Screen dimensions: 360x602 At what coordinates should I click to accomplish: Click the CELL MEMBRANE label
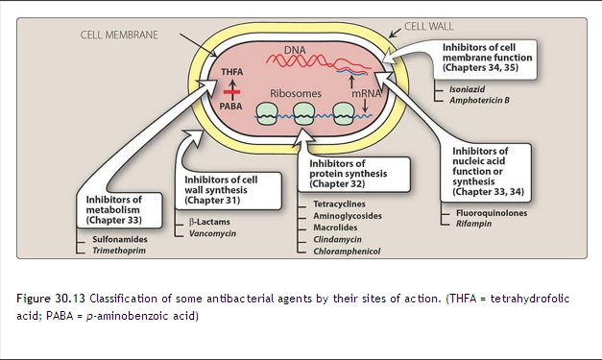[x=119, y=36]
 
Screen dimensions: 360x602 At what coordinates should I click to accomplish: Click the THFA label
[x=231, y=73]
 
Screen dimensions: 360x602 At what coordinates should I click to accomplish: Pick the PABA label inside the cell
[x=231, y=108]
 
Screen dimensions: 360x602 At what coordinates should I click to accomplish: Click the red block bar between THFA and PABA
[x=231, y=88]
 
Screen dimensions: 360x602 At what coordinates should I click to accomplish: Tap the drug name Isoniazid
[x=468, y=87]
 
